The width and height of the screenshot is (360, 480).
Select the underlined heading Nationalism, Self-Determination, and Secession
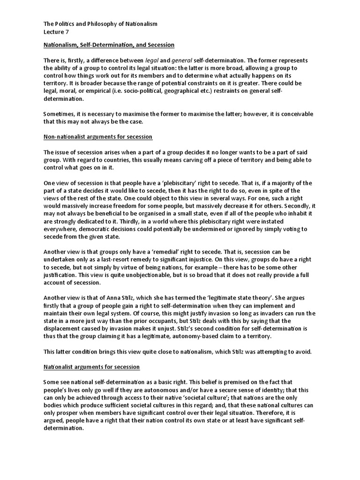coord(109,45)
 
